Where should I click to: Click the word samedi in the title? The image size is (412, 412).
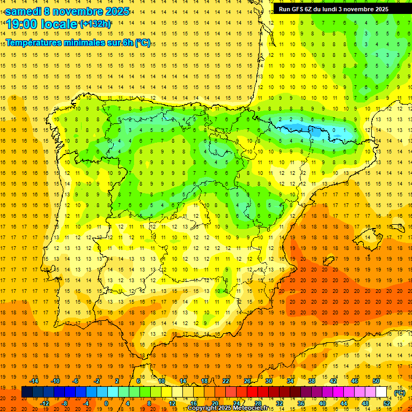pyautogui.click(x=23, y=11)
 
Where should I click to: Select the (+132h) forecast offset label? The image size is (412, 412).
pyautogui.click(x=95, y=24)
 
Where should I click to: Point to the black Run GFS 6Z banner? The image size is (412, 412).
pyautogui.click(x=339, y=9)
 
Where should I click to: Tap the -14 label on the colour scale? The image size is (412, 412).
pyautogui.click(x=35, y=381)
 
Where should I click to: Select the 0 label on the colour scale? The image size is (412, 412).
pyautogui.click(x=106, y=403)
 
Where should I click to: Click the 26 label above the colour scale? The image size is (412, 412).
pyautogui.click(x=247, y=381)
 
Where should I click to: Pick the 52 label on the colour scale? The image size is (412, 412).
pyautogui.click(x=387, y=403)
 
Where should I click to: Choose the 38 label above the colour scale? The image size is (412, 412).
pyautogui.click(x=312, y=381)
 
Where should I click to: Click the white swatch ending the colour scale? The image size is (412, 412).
pyautogui.click(x=381, y=392)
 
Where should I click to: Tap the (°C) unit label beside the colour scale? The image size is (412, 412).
pyautogui.click(x=400, y=393)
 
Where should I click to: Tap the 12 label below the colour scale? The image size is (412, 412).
pyautogui.click(x=172, y=403)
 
